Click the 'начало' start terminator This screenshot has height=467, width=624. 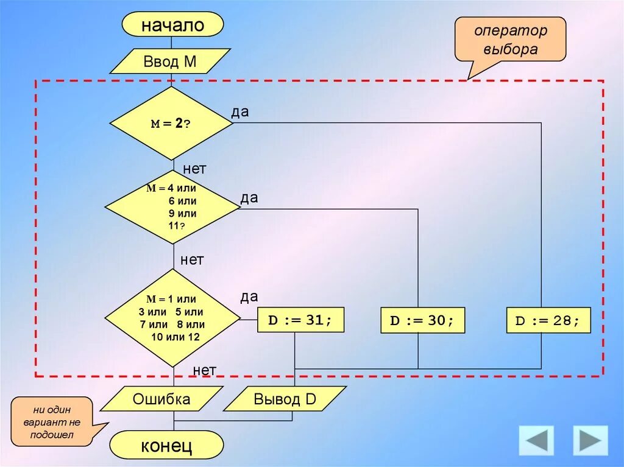(172, 25)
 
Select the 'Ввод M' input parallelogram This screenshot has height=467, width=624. (169, 61)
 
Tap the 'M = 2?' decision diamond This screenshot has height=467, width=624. (171, 123)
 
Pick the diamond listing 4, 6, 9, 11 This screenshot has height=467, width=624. (172, 208)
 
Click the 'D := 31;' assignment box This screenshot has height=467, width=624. (300, 320)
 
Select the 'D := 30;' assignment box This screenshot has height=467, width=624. (422, 320)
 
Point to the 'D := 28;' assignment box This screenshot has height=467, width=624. (548, 320)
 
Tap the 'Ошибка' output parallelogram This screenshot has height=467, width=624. (161, 399)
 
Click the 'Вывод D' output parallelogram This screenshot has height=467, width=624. (285, 399)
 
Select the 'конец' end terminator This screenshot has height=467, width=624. (167, 446)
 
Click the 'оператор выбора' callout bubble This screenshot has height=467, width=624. (511, 40)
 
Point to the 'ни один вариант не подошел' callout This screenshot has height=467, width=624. (52, 421)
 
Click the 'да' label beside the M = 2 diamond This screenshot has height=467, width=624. (239, 112)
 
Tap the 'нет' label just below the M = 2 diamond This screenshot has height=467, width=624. (194, 169)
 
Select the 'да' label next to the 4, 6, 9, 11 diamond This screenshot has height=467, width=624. (249, 198)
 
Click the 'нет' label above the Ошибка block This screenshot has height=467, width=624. (205, 370)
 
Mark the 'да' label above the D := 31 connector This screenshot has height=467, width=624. (249, 297)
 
